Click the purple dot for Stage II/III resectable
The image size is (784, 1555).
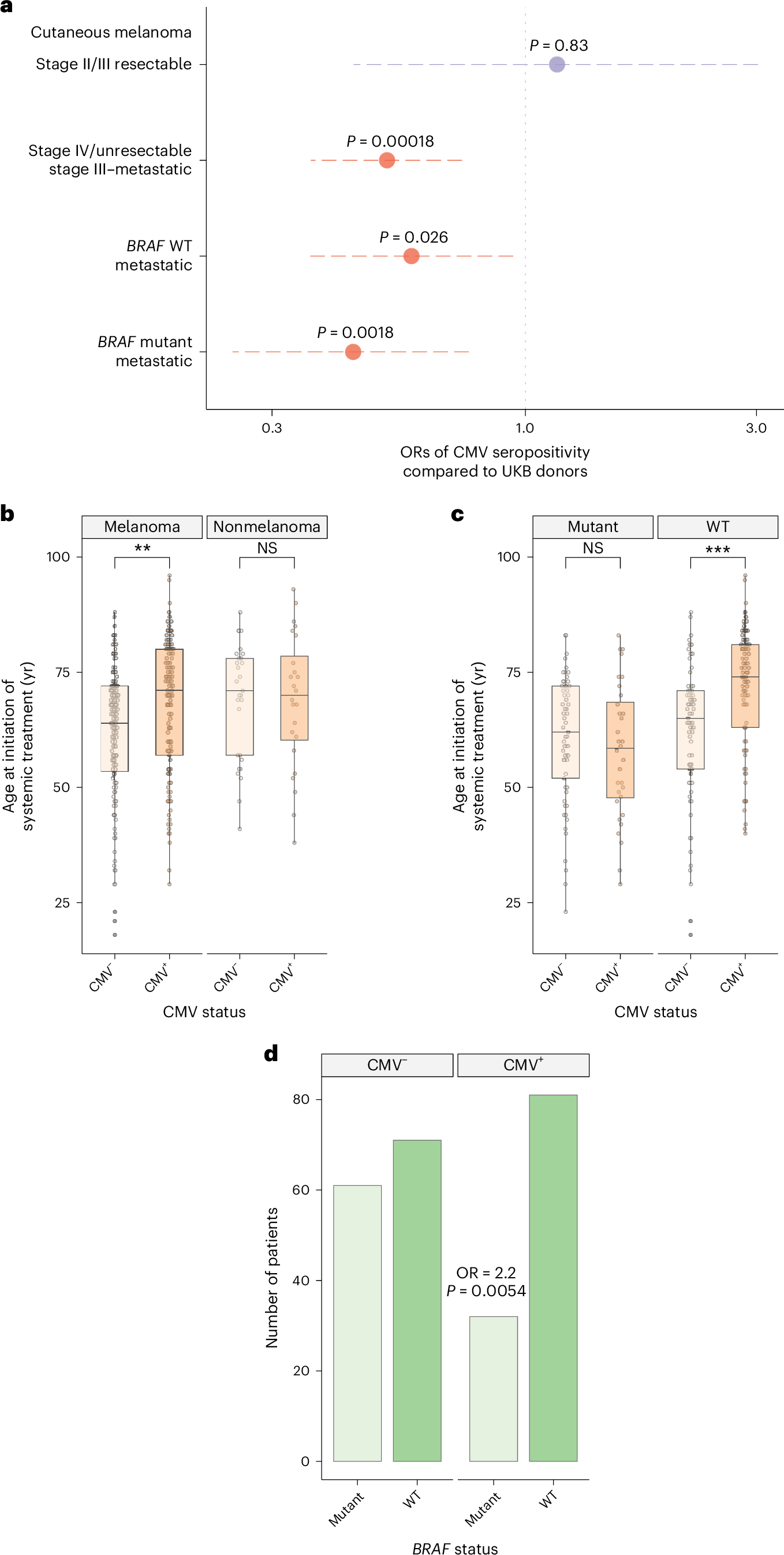pos(557,64)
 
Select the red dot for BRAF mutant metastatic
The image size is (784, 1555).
pos(353,351)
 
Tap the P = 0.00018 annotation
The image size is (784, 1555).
pos(390,142)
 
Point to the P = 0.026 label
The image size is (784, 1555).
pos(413,237)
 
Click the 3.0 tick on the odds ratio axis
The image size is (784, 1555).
pos(756,428)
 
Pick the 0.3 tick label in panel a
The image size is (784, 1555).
pos(271,428)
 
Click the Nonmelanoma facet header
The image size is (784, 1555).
pos(267,526)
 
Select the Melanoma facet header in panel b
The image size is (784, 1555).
pos(142,526)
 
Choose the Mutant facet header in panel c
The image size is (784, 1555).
pos(592,526)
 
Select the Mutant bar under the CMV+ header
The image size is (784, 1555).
pos(493,1389)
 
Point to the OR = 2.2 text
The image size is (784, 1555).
pos(486,1273)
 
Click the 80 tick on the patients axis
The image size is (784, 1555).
pos(301,1099)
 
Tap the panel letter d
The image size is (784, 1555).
pos(271,1054)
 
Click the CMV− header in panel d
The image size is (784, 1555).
pos(387,1065)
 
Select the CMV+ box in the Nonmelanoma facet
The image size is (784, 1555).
pos(294,698)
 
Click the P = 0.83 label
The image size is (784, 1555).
pos(558,45)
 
